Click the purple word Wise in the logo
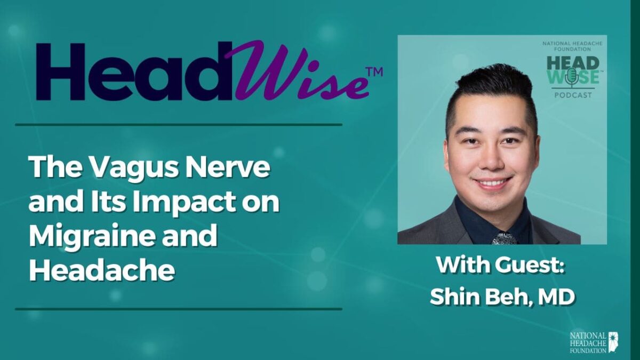coord(296,72)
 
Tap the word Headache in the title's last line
coord(101,270)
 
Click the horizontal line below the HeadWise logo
coord(178,125)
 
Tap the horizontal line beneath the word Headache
coord(178,308)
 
